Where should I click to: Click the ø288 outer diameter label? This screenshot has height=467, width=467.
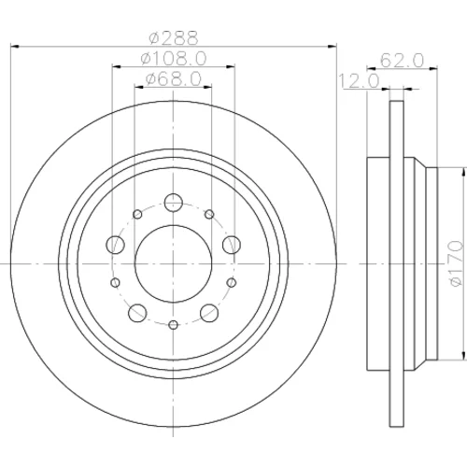coord(174,38)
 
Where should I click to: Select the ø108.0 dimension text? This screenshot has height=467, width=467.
coord(174,58)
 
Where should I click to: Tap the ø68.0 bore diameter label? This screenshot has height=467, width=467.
coord(174,79)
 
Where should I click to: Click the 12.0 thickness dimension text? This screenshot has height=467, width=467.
coord(359,81)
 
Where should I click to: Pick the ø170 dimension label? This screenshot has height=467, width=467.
coord(455,263)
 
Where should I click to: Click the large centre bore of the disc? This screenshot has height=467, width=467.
coord(174,263)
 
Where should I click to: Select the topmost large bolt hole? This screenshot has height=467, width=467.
coord(174,203)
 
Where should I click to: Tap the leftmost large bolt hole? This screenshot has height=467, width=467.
coord(116,245)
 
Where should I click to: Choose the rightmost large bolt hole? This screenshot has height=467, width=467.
coord(232,245)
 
